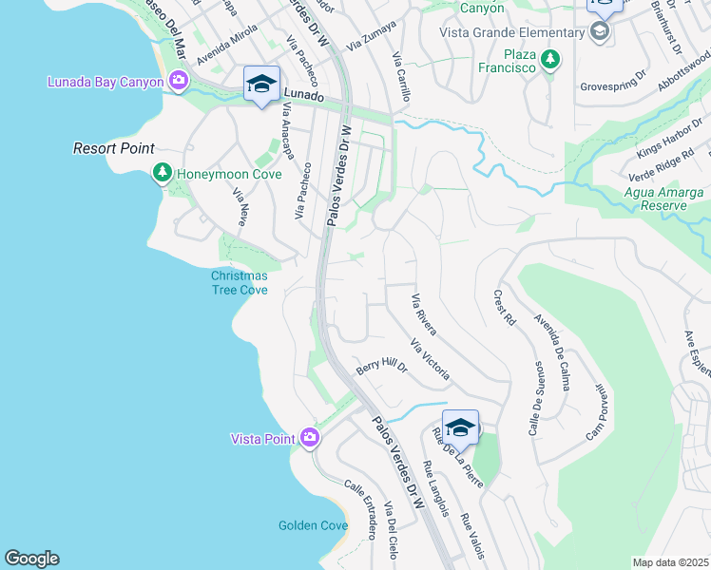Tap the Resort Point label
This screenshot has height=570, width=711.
tap(114, 149)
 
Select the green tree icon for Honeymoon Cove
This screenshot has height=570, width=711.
tap(163, 172)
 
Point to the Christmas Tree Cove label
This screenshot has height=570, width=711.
tap(239, 283)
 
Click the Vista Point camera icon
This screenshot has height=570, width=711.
tap(310, 438)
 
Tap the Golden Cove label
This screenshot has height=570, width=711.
tap(313, 525)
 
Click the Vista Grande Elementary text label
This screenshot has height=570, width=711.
tap(511, 32)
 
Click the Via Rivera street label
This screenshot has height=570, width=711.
tap(424, 314)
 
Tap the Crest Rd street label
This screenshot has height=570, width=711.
tap(504, 308)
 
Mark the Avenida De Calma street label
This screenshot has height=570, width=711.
tap(551, 345)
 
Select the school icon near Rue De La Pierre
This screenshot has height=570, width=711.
tap(459, 427)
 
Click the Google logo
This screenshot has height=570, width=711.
tap(31, 559)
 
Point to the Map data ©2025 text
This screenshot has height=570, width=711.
tap(670, 562)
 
